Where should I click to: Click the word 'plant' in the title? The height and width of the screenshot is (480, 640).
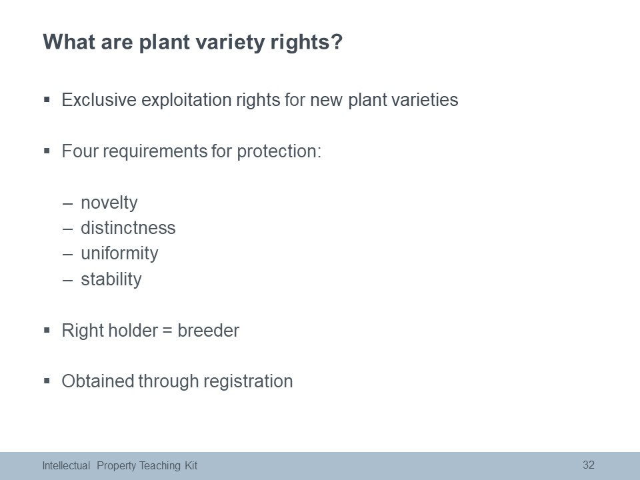[165, 43]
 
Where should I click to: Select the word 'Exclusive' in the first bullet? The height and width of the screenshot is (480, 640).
[99, 99]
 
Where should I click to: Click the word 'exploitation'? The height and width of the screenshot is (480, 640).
[186, 101]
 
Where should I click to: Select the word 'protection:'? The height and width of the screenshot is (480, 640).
[279, 152]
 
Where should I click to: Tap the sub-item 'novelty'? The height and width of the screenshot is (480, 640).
[109, 203]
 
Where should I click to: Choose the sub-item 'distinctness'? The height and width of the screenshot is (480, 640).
[128, 228]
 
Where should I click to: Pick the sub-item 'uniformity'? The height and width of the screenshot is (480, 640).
[119, 254]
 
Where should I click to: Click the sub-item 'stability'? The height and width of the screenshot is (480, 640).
[111, 279]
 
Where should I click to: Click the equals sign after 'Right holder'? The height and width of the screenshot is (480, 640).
[167, 331]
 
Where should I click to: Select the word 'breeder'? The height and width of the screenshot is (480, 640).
[208, 330]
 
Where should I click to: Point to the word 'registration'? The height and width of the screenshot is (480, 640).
[248, 382]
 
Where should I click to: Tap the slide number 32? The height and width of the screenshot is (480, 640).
[589, 465]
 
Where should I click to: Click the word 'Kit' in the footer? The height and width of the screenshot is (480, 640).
[191, 466]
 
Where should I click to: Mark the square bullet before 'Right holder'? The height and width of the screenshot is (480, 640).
[47, 330]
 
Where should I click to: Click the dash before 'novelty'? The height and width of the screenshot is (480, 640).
[68, 204]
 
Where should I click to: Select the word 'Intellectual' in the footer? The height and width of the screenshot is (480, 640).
[66, 466]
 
